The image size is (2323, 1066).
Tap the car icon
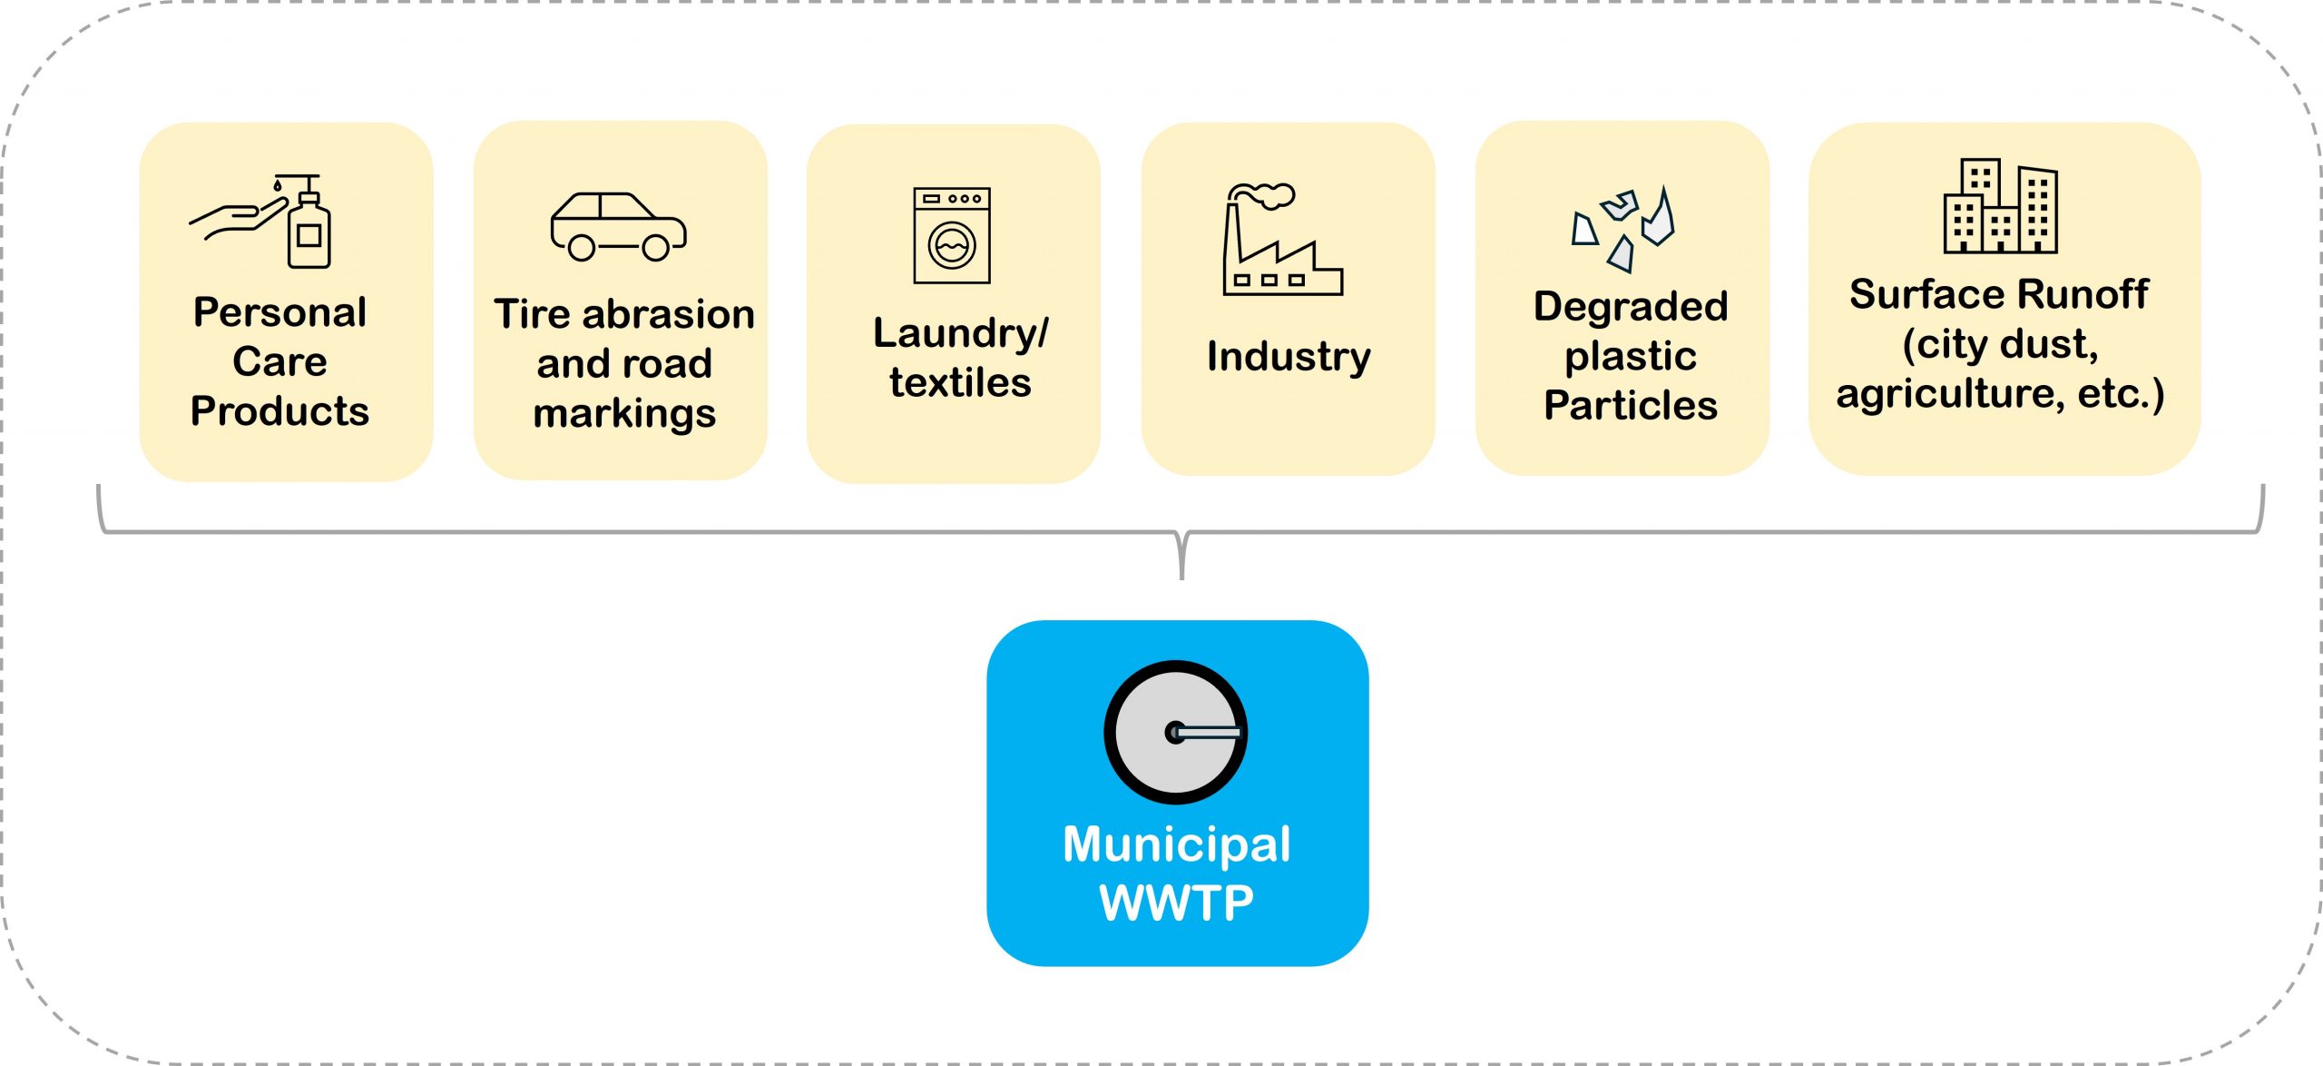tap(618, 227)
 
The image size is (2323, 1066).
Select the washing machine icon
tap(952, 235)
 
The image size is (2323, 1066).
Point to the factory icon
tap(1281, 241)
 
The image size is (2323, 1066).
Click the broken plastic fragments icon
tap(1623, 229)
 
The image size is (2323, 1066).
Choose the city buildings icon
tap(2000, 206)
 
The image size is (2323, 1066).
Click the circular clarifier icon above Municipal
tap(1176, 732)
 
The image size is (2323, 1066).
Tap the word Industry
tap(1289, 356)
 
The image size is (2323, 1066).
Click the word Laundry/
tap(960, 333)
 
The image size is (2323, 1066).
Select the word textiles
tap(960, 382)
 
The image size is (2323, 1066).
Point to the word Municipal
tap(1177, 845)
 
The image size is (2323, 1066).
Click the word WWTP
tap(1177, 903)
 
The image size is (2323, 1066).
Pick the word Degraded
tap(1631, 307)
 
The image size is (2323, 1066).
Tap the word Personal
tap(280, 312)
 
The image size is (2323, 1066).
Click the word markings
tap(624, 414)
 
